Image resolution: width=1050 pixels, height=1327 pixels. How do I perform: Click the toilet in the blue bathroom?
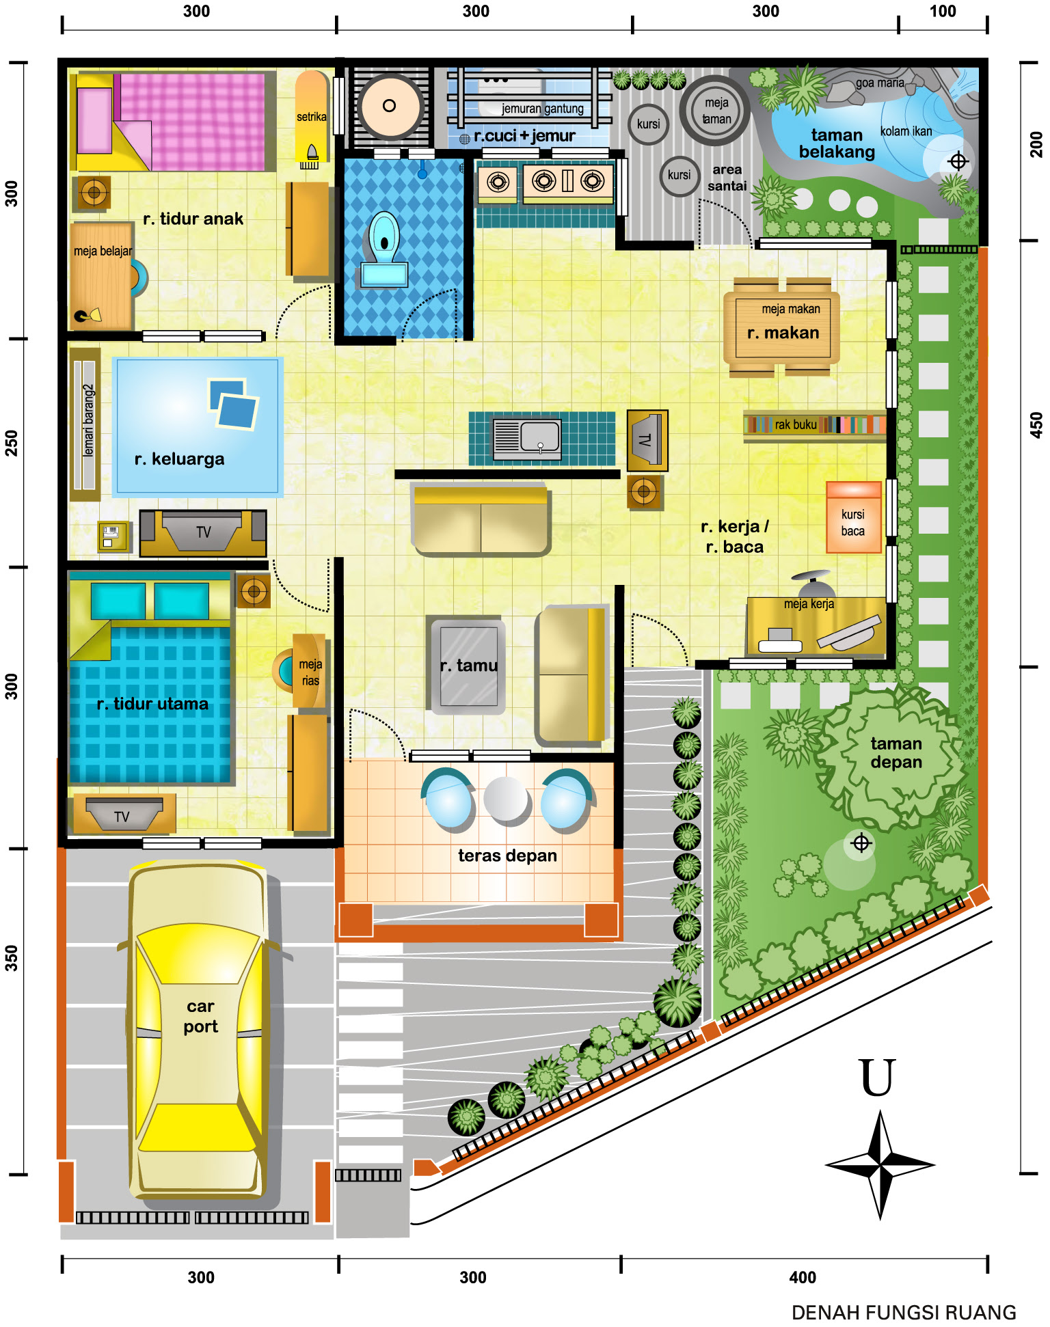(x=384, y=248)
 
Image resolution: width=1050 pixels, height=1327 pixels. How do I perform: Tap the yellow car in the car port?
(x=198, y=1029)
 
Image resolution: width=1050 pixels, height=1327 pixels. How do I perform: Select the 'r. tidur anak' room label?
(x=193, y=219)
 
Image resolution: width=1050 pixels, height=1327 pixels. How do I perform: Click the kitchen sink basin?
(x=540, y=436)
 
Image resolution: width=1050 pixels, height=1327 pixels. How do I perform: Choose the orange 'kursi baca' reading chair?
(x=853, y=517)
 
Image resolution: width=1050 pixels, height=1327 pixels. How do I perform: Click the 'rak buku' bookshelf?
(x=815, y=425)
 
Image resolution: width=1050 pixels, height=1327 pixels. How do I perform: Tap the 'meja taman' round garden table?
(x=715, y=110)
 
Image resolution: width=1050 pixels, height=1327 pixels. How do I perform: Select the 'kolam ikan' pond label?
(x=906, y=131)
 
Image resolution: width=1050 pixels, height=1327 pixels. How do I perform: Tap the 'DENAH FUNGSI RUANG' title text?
(x=904, y=1313)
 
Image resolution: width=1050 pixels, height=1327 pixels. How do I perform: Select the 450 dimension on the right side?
(x=1036, y=425)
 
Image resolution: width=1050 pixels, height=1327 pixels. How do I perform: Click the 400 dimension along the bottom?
(x=803, y=1277)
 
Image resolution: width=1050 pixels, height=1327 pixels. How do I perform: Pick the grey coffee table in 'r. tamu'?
(x=468, y=666)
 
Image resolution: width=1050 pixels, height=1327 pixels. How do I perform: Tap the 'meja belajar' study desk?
(x=102, y=276)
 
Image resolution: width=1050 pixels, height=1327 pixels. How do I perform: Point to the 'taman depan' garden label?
(x=896, y=752)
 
